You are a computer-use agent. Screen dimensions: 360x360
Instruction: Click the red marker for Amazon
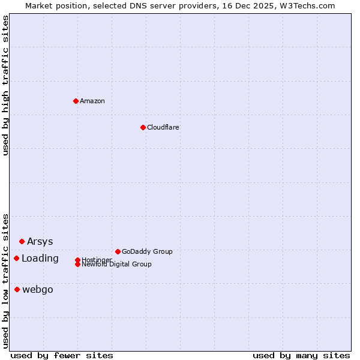pyautogui.click(x=76, y=101)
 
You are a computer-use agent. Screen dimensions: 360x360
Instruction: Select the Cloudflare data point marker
pyautogui.click(x=143, y=127)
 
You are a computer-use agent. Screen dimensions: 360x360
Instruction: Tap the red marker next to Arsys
pyautogui.click(x=22, y=241)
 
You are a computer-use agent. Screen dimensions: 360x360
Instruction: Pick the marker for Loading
pyautogui.click(x=16, y=258)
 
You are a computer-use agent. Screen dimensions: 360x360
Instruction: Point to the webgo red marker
pyautogui.click(x=17, y=289)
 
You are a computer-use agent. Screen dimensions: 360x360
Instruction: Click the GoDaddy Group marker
pyautogui.click(x=118, y=251)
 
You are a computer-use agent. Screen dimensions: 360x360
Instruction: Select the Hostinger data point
pyautogui.click(x=77, y=260)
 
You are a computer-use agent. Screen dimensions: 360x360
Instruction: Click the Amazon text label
pyautogui.click(x=92, y=101)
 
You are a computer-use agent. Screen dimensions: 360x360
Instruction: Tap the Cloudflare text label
pyautogui.click(x=163, y=127)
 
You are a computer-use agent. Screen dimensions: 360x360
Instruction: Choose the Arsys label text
pyautogui.click(x=40, y=241)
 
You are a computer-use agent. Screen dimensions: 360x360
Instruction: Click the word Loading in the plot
pyautogui.click(x=40, y=258)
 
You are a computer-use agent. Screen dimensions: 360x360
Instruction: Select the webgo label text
pyautogui.click(x=38, y=289)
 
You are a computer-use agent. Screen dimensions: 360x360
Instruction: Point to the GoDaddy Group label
pyautogui.click(x=147, y=251)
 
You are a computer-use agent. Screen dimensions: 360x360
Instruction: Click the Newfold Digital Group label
pyautogui.click(x=116, y=264)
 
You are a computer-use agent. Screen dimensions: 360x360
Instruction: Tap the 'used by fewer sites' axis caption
pyautogui.click(x=62, y=355)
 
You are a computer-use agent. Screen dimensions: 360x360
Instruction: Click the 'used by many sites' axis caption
pyautogui.click(x=301, y=355)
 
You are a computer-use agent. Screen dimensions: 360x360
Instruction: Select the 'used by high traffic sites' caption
pyautogui.click(x=5, y=85)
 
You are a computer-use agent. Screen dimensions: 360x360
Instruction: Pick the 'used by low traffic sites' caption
pyautogui.click(x=5, y=280)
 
